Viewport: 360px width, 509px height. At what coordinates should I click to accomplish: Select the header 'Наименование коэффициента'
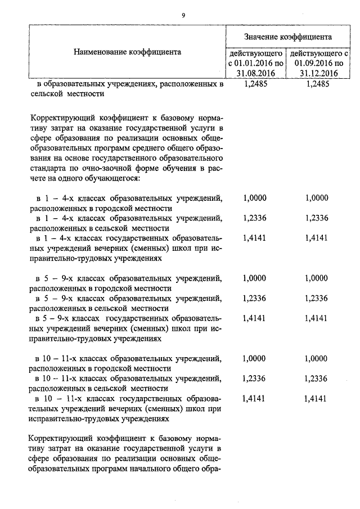point(127,52)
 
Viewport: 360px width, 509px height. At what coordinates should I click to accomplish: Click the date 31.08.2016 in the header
point(255,73)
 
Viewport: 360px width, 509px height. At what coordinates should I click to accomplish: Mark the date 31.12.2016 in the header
point(318,73)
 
